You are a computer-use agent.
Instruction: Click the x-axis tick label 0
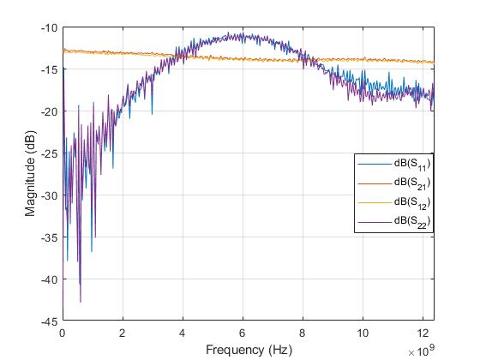pyautogui.click(x=63, y=333)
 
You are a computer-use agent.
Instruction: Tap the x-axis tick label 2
pyautogui.click(x=123, y=333)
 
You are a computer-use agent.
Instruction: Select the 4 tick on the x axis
pyautogui.click(x=183, y=333)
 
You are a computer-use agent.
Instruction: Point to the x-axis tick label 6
pyautogui.click(x=243, y=333)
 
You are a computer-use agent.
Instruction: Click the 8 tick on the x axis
pyautogui.click(x=303, y=333)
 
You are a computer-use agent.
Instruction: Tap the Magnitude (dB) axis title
pyautogui.click(x=30, y=174)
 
